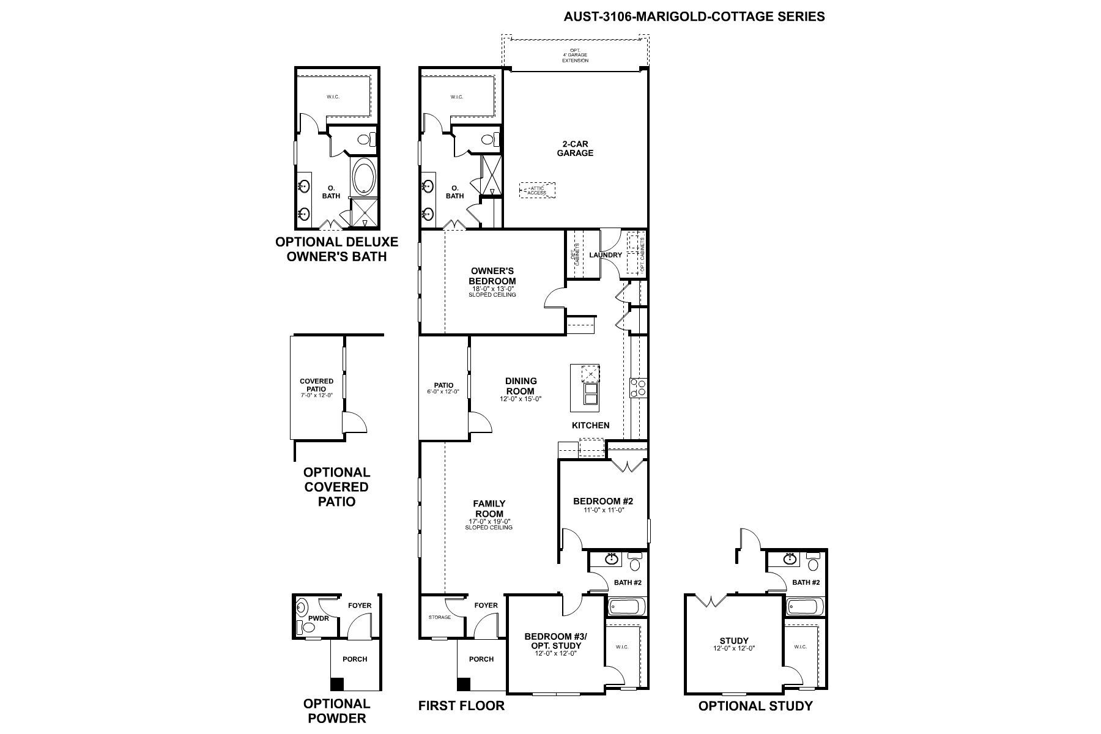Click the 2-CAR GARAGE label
pos(575,149)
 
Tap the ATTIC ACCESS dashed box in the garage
pos(537,190)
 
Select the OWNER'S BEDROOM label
pos(492,276)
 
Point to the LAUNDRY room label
pos(606,255)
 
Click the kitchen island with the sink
pos(585,388)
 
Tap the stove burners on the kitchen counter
pos(639,388)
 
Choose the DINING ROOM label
pos(521,386)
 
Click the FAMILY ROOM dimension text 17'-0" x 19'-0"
pos(489,521)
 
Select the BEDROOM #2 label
pos(603,502)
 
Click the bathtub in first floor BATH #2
pos(626,607)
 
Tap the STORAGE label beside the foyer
pos(440,617)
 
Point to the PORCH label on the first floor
pos(481,659)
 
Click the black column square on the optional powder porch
pos(337,684)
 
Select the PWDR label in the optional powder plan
pos(319,618)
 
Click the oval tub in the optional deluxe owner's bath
pos(365,177)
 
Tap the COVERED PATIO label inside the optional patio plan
pos(317,385)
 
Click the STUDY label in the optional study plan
pos(735,641)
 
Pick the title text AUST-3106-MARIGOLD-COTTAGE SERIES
pos(694,17)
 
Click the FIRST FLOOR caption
pos(462,706)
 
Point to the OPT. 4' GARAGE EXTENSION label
pos(576,56)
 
